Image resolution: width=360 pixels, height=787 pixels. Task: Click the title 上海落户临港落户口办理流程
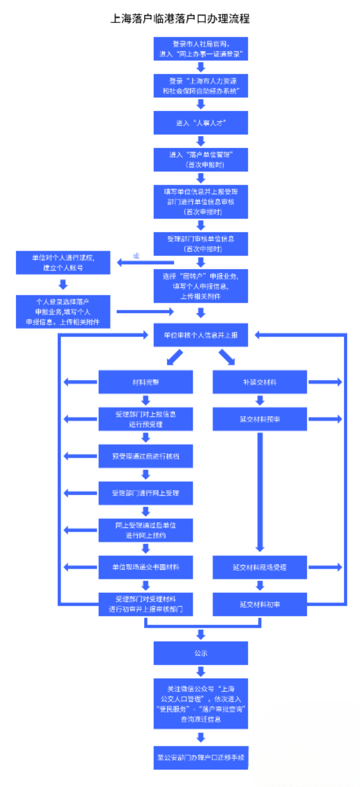coord(180,18)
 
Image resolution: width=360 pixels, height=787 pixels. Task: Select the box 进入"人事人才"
coord(201,123)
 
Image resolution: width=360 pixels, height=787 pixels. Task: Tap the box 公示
coord(201,653)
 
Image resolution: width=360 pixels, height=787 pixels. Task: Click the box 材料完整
coord(145,382)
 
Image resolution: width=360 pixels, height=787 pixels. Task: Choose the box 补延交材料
coord(260,382)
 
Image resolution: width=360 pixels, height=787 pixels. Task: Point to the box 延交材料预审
coord(260,419)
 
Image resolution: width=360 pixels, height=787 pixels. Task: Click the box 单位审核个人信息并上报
coord(201,335)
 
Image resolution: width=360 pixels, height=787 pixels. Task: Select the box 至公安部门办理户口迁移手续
coord(201,757)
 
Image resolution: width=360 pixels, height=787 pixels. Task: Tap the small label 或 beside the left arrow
coord(136,256)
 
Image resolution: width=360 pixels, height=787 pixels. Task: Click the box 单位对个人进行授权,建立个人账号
coord(63,262)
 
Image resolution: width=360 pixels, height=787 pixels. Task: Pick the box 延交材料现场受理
coord(260,567)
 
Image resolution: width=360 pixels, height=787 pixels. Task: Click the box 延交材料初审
coord(260,604)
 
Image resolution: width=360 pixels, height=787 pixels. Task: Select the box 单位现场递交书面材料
coord(145,567)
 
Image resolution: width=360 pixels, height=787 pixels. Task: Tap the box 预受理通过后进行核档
coord(145,456)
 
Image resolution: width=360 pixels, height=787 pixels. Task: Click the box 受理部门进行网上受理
coord(145,493)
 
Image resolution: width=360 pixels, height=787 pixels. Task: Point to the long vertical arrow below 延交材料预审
coord(260,491)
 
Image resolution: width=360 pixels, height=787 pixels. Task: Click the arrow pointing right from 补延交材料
coord(325,382)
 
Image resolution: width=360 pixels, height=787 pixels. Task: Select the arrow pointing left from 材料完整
coord(80,382)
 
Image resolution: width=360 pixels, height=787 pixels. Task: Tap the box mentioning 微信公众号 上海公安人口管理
coord(201,704)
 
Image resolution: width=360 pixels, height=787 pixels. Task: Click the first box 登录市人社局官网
coord(201,49)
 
